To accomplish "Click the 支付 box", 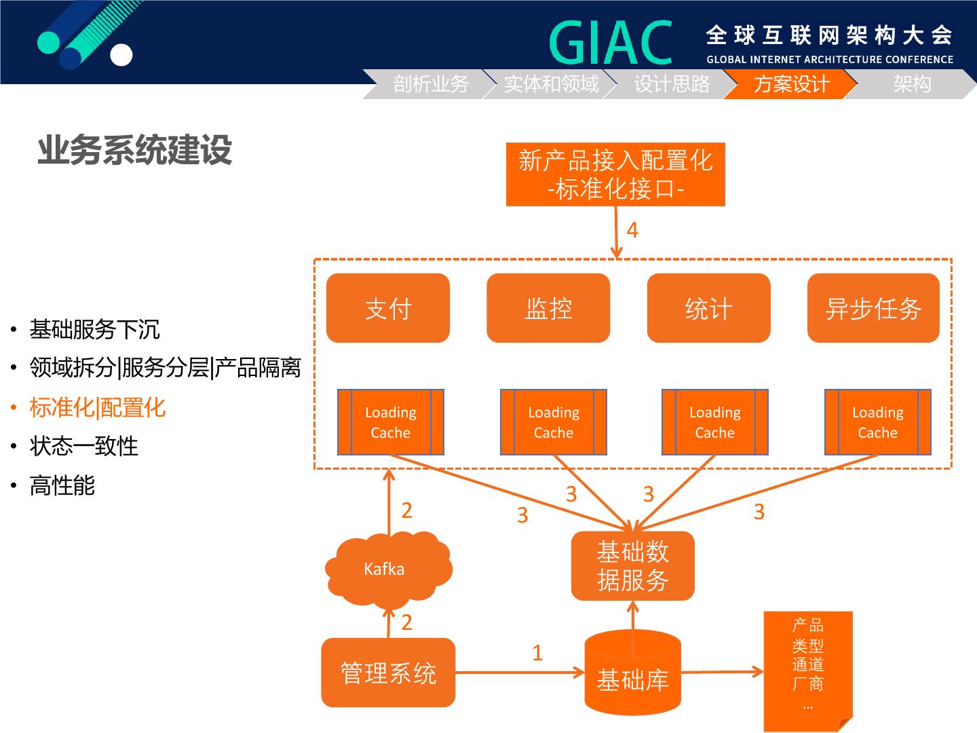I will tap(387, 308).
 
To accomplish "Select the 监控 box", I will tap(548, 308).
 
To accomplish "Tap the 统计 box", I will tap(708, 308).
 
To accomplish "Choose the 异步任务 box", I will tap(873, 308).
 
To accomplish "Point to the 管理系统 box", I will tap(387, 673).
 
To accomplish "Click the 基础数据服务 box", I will tap(632, 565).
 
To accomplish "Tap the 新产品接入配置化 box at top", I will tap(615, 174).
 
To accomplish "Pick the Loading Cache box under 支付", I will tap(390, 422).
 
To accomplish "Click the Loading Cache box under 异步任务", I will tap(877, 422).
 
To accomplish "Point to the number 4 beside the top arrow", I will tap(632, 231).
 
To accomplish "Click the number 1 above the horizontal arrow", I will tap(537, 653).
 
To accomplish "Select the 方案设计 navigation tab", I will tap(791, 84).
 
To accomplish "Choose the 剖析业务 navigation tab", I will tap(431, 84).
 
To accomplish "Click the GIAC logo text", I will tap(611, 42).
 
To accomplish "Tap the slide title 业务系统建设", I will tap(134, 150).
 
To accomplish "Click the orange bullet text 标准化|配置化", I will tap(98, 408).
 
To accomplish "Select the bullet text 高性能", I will tap(62, 486).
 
